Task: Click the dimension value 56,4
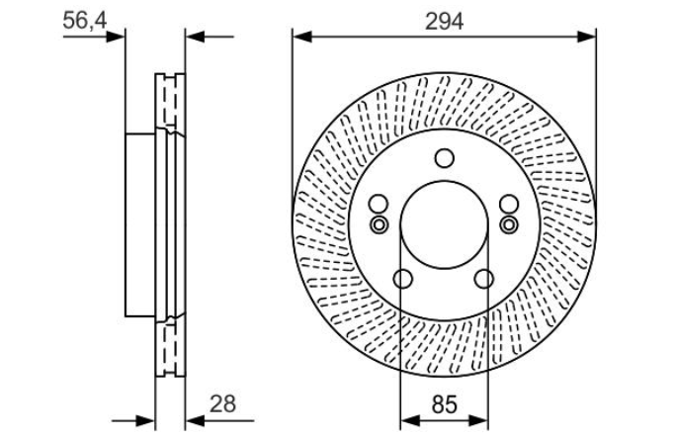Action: click(84, 20)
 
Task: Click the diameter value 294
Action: click(444, 21)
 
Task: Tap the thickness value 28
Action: click(222, 404)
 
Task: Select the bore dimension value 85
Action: click(444, 404)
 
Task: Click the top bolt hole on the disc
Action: click(444, 158)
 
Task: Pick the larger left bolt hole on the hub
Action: click(379, 204)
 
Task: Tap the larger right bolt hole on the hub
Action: click(509, 204)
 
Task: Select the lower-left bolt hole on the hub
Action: click(403, 279)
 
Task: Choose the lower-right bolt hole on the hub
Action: click(484, 279)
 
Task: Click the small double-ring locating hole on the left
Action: click(379, 224)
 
